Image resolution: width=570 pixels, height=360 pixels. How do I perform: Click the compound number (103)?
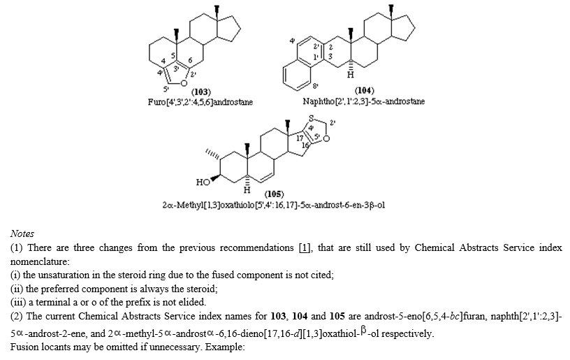click(x=201, y=92)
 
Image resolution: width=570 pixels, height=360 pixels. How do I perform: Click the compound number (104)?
click(x=365, y=90)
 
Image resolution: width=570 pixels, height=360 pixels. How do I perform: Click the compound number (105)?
click(x=274, y=194)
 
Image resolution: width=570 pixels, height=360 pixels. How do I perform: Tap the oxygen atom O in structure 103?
click(x=184, y=83)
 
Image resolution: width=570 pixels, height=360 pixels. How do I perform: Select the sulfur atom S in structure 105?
click(x=311, y=118)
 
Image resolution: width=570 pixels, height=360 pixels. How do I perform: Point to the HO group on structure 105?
click(x=203, y=182)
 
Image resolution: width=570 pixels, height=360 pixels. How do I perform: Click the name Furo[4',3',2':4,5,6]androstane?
click(x=200, y=102)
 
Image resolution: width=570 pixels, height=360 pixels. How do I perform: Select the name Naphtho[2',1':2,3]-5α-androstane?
click(x=363, y=101)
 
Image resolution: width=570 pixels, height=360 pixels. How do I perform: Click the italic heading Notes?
click(x=22, y=233)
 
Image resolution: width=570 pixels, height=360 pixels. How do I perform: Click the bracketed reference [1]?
click(x=305, y=247)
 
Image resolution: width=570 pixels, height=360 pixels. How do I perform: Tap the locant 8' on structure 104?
click(x=315, y=86)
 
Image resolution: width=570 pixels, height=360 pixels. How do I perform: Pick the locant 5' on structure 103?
click(x=166, y=89)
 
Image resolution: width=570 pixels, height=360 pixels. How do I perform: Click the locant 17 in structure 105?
click(x=300, y=138)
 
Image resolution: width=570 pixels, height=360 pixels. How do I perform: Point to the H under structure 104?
click(x=350, y=75)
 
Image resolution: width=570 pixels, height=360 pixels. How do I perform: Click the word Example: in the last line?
click(x=225, y=347)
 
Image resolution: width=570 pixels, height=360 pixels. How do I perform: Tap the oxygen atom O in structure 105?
click(x=326, y=138)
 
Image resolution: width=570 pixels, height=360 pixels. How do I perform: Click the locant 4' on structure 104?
click(x=292, y=41)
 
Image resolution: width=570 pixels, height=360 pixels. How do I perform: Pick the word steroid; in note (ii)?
click(x=202, y=289)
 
